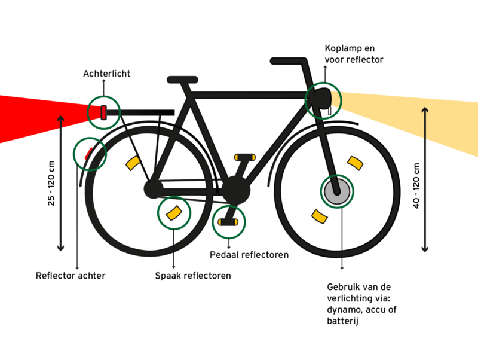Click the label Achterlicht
click(106, 74)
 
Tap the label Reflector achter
click(71, 276)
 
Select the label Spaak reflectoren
click(192, 276)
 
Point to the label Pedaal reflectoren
click(249, 255)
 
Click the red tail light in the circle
click(103, 112)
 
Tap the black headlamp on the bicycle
click(323, 97)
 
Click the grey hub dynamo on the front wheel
click(336, 191)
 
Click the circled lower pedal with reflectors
click(228, 222)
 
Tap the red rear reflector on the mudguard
click(88, 153)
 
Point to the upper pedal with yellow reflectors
click(245, 157)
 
